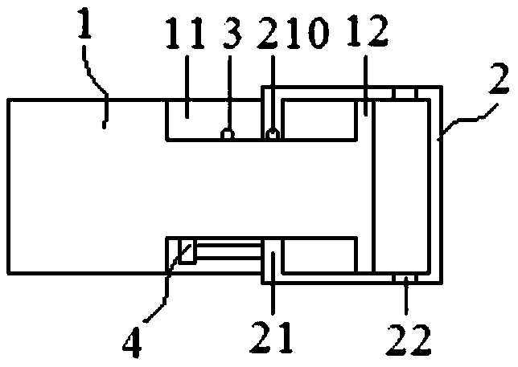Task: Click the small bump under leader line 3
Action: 228,134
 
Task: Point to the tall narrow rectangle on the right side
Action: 406,185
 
